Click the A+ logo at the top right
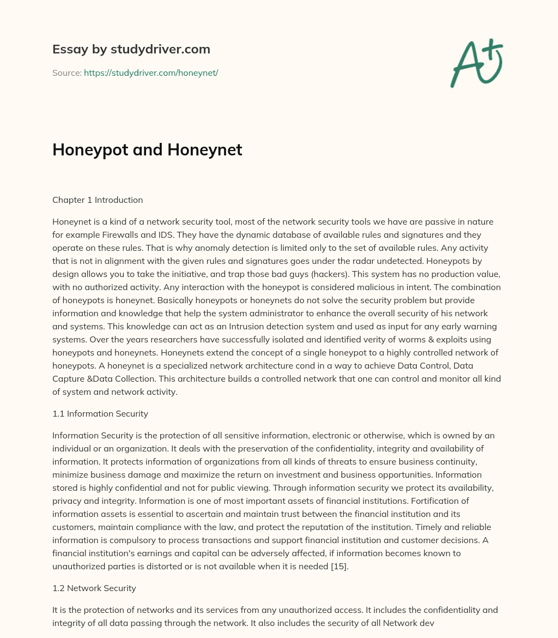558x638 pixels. point(476,63)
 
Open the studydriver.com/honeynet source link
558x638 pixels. point(151,73)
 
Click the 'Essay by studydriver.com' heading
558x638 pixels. point(131,49)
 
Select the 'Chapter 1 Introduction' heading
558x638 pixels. point(98,200)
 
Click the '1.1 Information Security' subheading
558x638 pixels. point(100,413)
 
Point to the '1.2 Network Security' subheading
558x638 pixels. point(94,588)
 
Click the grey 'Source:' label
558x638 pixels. point(66,73)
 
